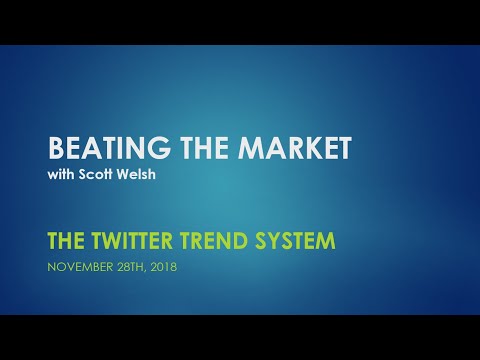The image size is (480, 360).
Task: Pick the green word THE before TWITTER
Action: [67, 241]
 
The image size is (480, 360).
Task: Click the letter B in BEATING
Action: [57, 149]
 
